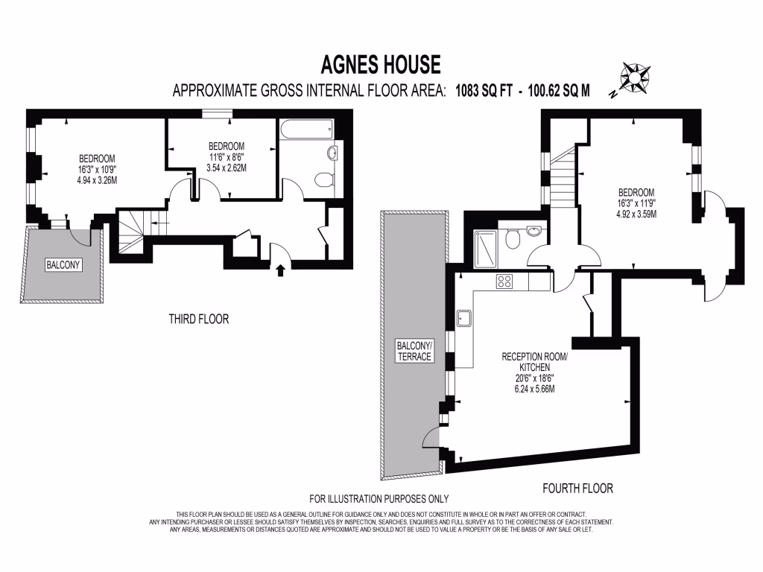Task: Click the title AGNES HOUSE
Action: pos(381,65)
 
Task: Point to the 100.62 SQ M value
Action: pos(559,91)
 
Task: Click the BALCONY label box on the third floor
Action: pos(63,265)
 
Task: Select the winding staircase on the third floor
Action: pos(132,230)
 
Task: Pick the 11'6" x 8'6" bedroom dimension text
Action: pos(227,157)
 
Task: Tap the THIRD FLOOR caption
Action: pos(198,320)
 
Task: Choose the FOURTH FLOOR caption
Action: pos(577,489)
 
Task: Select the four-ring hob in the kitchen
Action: pos(504,282)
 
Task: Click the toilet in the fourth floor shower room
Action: pos(511,240)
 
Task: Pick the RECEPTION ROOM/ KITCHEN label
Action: pos(534,362)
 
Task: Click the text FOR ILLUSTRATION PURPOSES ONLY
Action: pos(379,499)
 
